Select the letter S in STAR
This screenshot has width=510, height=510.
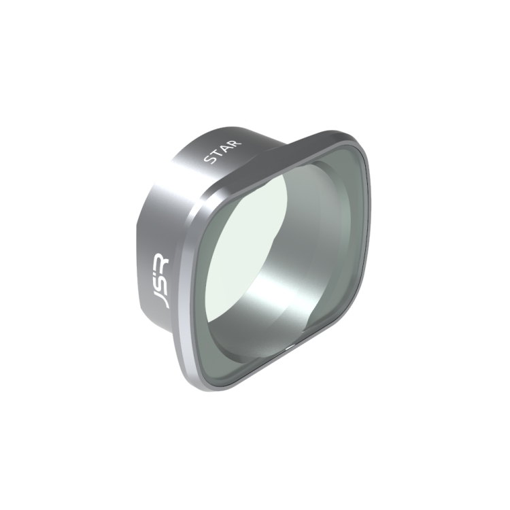coord(209,160)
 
